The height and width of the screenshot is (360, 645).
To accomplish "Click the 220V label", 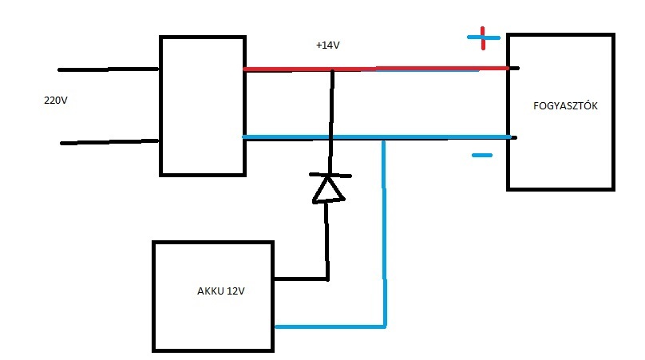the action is [56, 101].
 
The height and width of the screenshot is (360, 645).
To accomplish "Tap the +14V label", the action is [329, 46].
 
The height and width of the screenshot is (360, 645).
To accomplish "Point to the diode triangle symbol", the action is [327, 188].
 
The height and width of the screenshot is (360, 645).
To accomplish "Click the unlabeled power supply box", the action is [202, 105].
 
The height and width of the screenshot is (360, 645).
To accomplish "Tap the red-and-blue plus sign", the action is [483, 38].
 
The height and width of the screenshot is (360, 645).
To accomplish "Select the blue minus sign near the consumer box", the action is [482, 155].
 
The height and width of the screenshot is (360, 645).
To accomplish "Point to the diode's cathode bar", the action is [327, 175].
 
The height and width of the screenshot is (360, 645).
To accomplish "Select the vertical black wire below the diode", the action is [326, 239].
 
